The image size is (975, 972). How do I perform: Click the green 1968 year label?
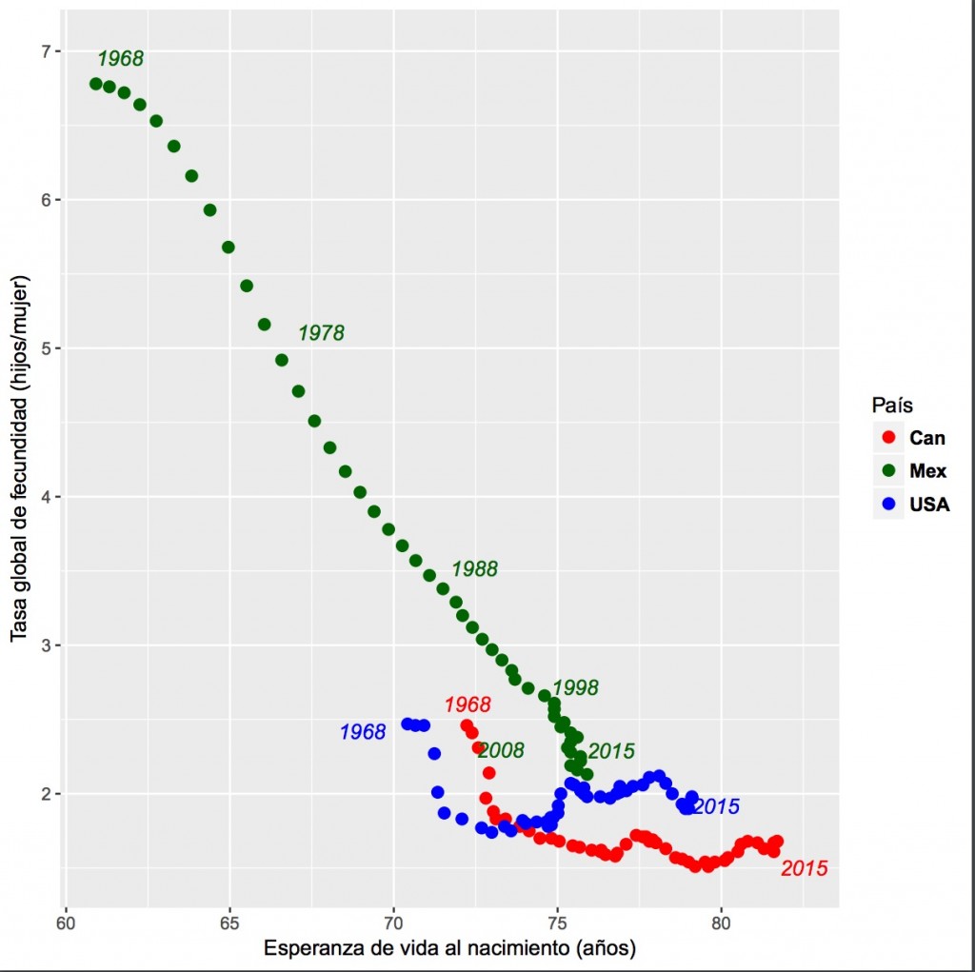[x=120, y=59]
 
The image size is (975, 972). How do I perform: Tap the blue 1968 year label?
[x=363, y=732]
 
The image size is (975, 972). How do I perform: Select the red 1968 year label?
[x=468, y=705]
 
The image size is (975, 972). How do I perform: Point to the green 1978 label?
[x=321, y=333]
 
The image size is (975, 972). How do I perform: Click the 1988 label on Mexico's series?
[x=474, y=569]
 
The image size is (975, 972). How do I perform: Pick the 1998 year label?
[x=575, y=687]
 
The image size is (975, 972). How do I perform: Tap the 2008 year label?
[x=501, y=751]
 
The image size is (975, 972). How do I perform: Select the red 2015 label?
[x=804, y=868]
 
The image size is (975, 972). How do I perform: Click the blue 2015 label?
[x=716, y=806]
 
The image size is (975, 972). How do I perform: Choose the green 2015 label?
[x=611, y=751]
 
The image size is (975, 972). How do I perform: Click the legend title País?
[x=896, y=406]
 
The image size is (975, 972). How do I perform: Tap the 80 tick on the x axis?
[x=721, y=923]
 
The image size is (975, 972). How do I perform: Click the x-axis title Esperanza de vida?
[x=449, y=948]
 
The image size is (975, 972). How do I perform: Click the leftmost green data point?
[x=96, y=84]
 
